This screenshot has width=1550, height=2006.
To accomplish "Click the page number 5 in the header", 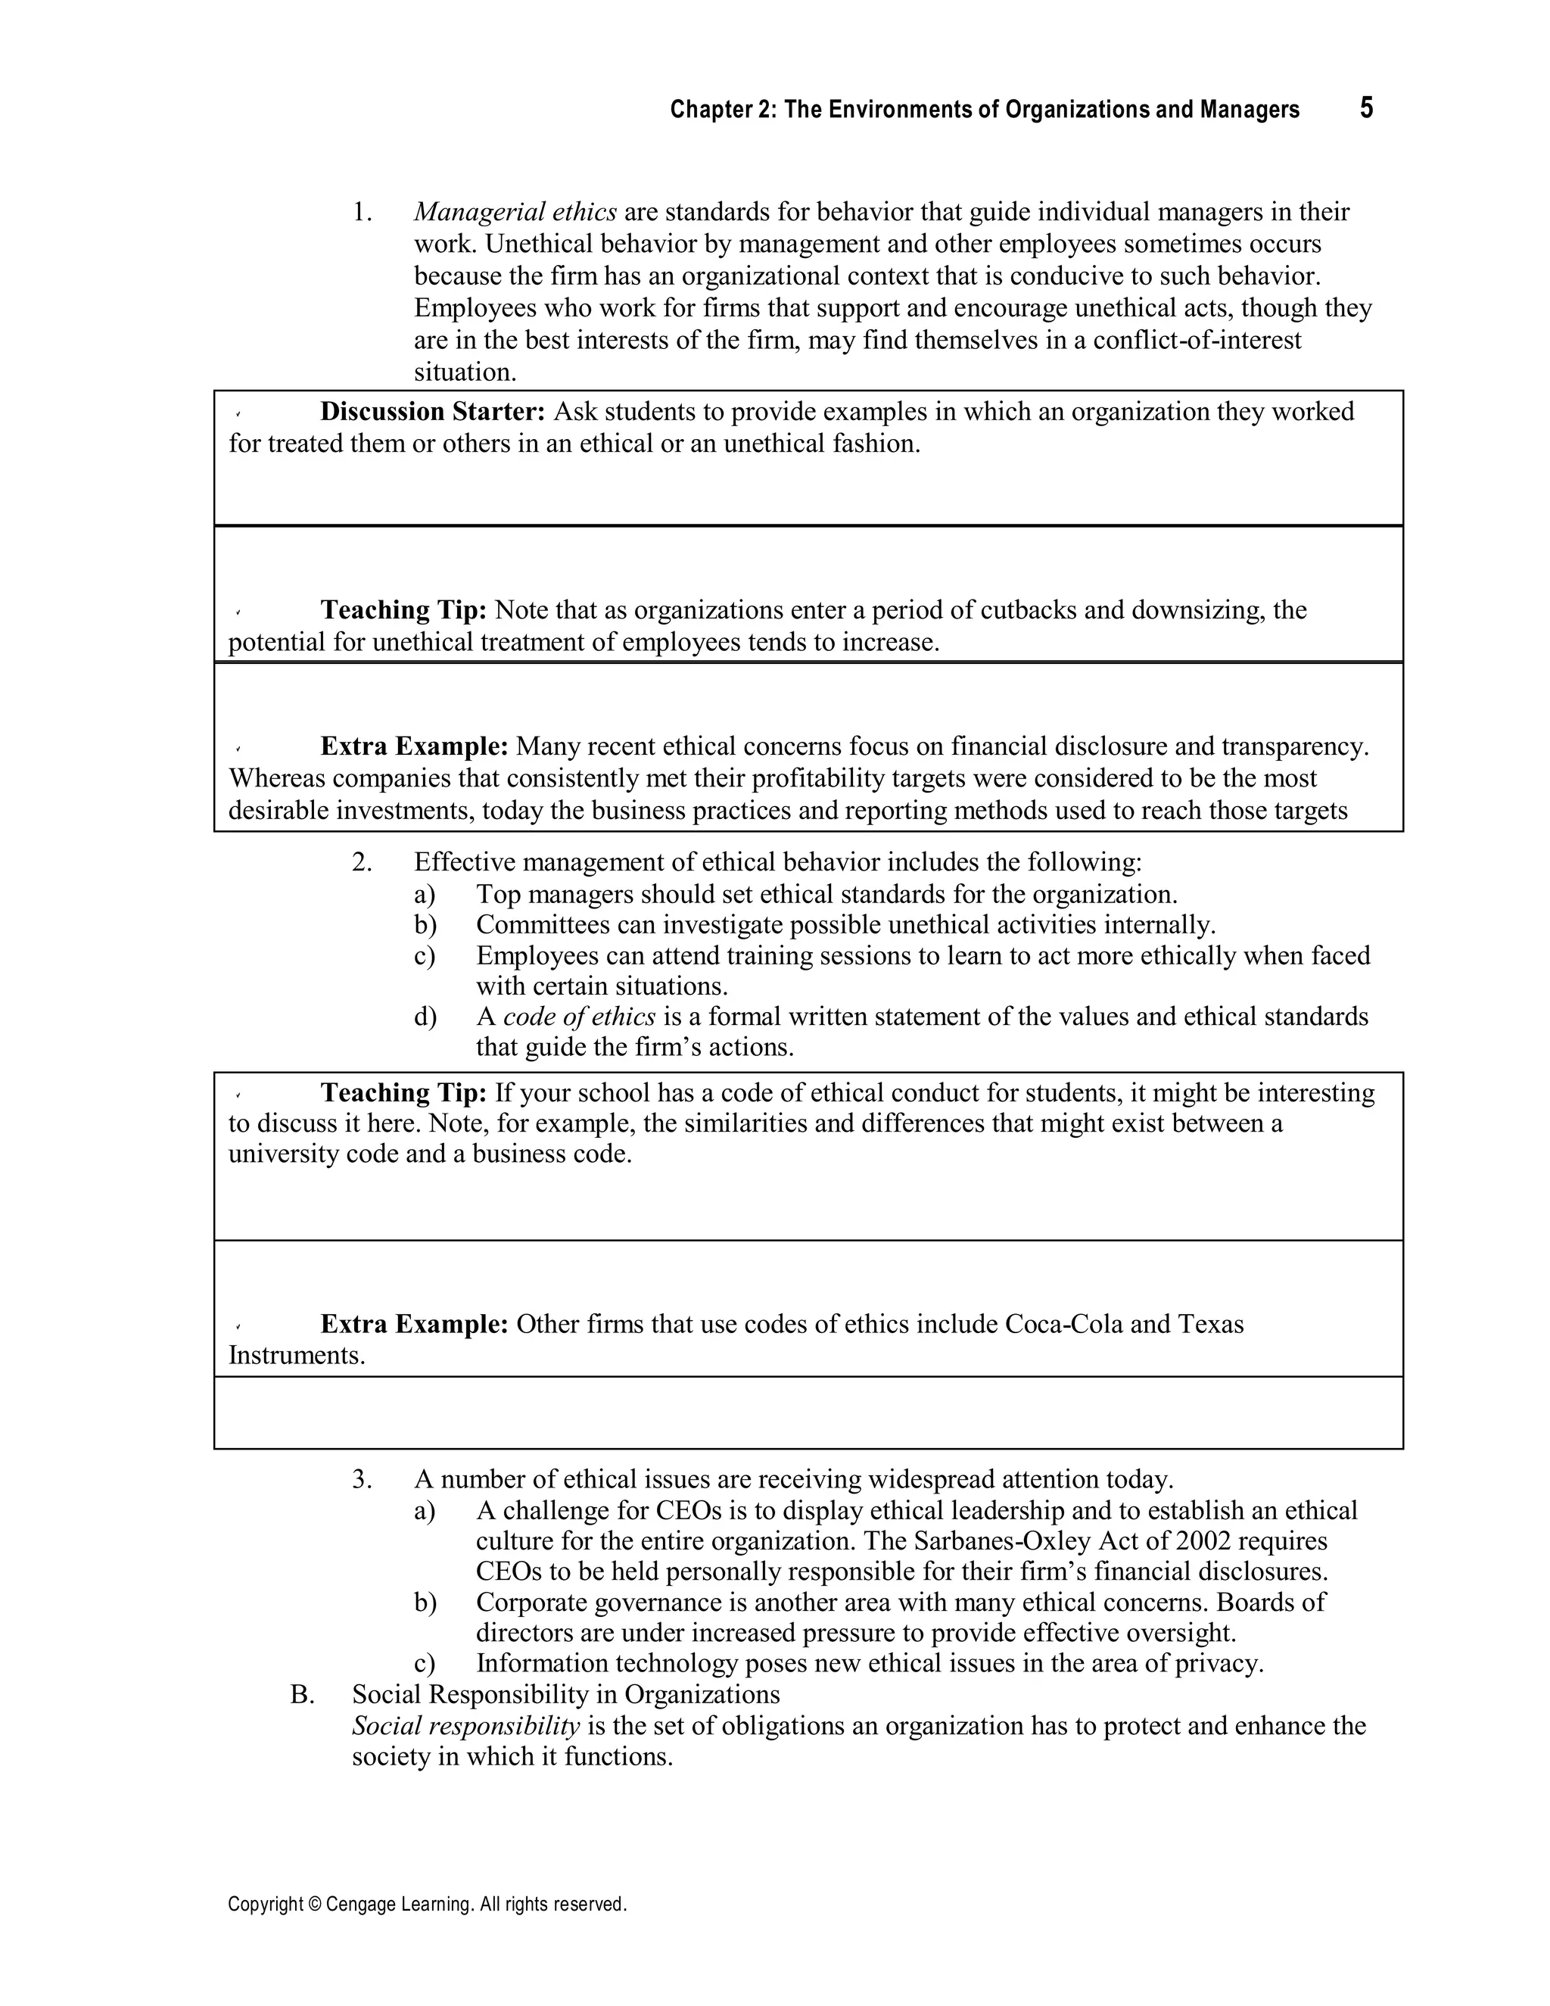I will [1366, 108].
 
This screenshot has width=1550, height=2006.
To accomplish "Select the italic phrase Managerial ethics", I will [515, 212].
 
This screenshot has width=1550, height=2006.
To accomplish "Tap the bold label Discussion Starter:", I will [432, 412].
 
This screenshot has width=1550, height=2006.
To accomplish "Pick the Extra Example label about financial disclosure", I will [414, 746].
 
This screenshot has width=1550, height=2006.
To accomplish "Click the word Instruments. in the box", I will [297, 1356].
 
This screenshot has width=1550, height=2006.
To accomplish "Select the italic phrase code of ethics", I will [580, 1017].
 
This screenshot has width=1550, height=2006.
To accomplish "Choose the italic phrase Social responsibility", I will [465, 1726].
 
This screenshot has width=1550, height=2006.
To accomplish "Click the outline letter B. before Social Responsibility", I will [302, 1695].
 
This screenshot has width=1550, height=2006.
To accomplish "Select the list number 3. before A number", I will [362, 1480].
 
